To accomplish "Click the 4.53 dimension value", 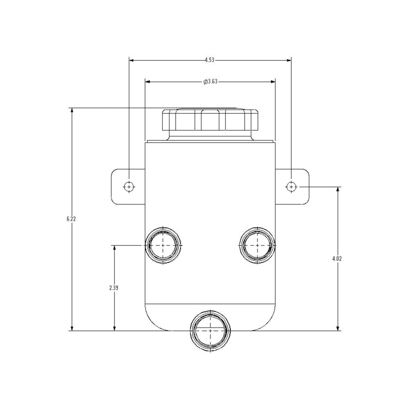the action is (210, 60).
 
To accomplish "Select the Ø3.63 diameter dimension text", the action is (210, 82).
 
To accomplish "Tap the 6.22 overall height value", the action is (71, 219).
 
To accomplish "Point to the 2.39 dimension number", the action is (114, 288).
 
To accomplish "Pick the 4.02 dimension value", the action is (337, 259).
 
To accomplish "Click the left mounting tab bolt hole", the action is (129, 187).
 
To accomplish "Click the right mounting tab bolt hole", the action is (291, 187).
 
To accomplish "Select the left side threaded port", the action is (163, 245).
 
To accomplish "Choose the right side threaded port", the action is (257, 245).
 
